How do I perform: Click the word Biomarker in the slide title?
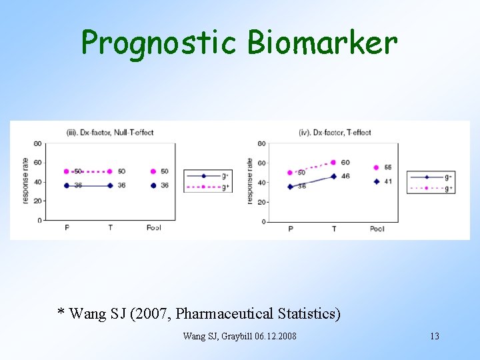click(x=322, y=43)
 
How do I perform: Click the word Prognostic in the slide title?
click(x=159, y=43)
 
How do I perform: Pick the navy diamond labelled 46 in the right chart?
click(x=333, y=177)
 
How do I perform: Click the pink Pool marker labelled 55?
click(x=377, y=167)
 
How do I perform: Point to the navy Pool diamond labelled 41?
click(x=377, y=181)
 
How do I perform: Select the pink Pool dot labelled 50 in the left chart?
click(x=153, y=171)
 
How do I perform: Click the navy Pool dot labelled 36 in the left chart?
click(x=153, y=185)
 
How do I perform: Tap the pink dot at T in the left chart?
click(x=110, y=171)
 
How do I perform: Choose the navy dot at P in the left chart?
click(x=67, y=185)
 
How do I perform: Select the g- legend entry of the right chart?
click(x=431, y=177)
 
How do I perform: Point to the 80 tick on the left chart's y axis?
click(x=37, y=143)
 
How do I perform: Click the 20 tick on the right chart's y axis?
click(x=261, y=202)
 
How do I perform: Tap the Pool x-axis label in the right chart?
click(x=377, y=229)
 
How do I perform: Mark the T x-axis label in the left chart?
click(x=110, y=227)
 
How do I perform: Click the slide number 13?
click(x=434, y=336)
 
